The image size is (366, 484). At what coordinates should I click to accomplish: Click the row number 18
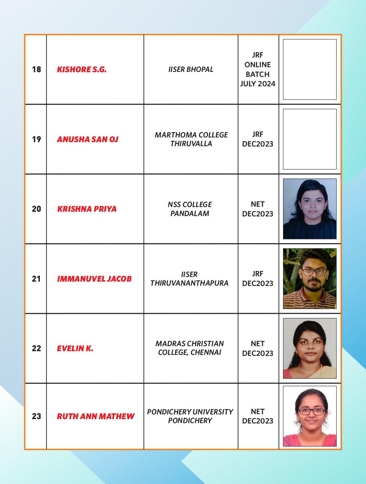[x=36, y=69]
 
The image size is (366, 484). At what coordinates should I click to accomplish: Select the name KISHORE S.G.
[x=82, y=70]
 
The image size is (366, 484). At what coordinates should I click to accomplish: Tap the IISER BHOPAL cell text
[x=191, y=69]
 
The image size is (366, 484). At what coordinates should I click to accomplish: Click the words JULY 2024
[x=258, y=84]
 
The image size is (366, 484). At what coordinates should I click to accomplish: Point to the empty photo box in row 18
[x=309, y=69]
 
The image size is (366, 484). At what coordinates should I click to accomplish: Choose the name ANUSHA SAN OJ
[x=87, y=139]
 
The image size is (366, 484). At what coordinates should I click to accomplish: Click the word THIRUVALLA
[x=191, y=143]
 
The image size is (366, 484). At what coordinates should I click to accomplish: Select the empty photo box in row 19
[x=309, y=139]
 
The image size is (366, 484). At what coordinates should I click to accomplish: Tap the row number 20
[x=36, y=209]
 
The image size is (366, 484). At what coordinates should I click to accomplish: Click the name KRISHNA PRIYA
[x=87, y=209]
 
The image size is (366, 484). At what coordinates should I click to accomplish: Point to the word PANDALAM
[x=190, y=213]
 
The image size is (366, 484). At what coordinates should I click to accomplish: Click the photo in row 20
[x=309, y=209]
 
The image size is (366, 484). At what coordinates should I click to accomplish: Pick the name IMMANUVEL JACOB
[x=94, y=279]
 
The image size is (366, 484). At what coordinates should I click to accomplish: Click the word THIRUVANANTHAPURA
[x=189, y=283]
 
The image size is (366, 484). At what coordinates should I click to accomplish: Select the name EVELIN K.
[x=75, y=349]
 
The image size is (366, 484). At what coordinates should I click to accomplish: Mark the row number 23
[x=36, y=416]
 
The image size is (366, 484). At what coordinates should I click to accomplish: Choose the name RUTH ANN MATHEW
[x=95, y=416]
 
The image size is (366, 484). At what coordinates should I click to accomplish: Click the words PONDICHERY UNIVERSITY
[x=190, y=412]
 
